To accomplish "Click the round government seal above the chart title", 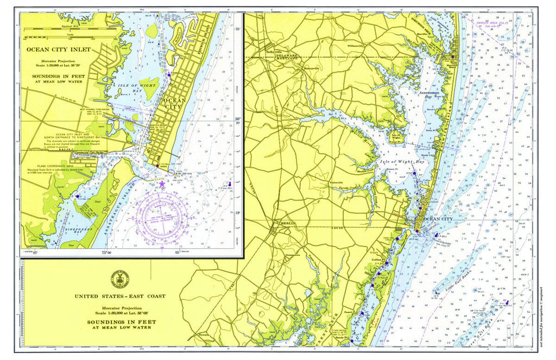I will click(x=120, y=279).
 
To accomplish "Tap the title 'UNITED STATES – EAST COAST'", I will click(x=120, y=296).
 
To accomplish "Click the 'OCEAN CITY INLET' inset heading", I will click(x=59, y=49).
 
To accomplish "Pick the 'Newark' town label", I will click(x=203, y=336).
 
